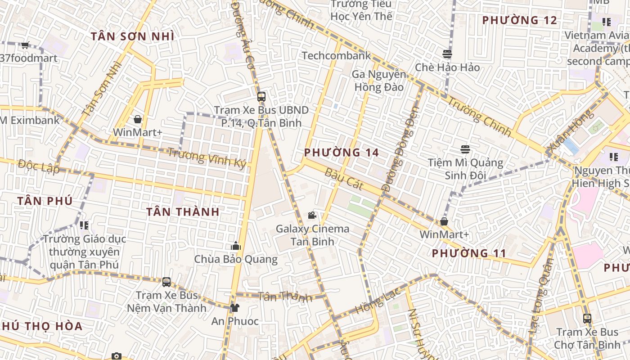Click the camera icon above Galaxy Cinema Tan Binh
pyautogui.click(x=312, y=216)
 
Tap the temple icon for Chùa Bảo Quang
pyautogui.click(x=235, y=246)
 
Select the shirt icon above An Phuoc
pyautogui.click(x=234, y=308)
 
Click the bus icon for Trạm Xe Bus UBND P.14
pyautogui.click(x=261, y=96)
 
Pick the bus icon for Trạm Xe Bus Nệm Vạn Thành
pyautogui.click(x=166, y=282)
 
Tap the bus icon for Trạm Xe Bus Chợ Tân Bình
pyautogui.click(x=587, y=319)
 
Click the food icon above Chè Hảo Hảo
pyautogui.click(x=447, y=54)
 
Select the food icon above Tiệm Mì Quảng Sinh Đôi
pyautogui.click(x=465, y=149)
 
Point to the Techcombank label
pyautogui.click(x=336, y=56)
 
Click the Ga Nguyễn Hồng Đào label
pyautogui.click(x=379, y=81)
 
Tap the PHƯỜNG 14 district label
pyautogui.click(x=342, y=153)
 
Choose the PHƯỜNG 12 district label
pyautogui.click(x=520, y=20)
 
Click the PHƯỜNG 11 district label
pyautogui.click(x=469, y=253)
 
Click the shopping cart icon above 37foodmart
pyautogui.click(x=25, y=45)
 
